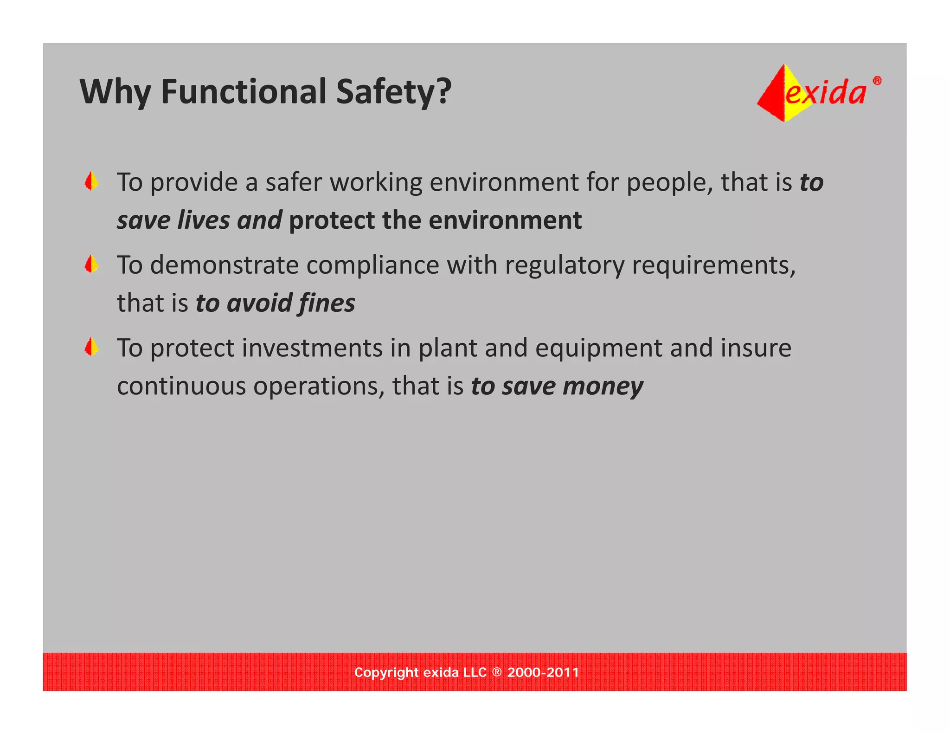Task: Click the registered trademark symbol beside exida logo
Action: pyautogui.click(x=877, y=81)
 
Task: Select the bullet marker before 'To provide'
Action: pyautogui.click(x=92, y=181)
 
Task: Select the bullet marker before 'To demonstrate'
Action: pyautogui.click(x=92, y=264)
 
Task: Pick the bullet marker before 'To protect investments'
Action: pyautogui.click(x=92, y=347)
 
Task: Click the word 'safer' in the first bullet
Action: pyautogui.click(x=293, y=182)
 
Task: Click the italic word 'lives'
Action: pyautogui.click(x=204, y=220)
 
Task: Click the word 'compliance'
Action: pyautogui.click(x=372, y=265)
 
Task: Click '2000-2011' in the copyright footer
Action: pyautogui.click(x=543, y=672)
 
